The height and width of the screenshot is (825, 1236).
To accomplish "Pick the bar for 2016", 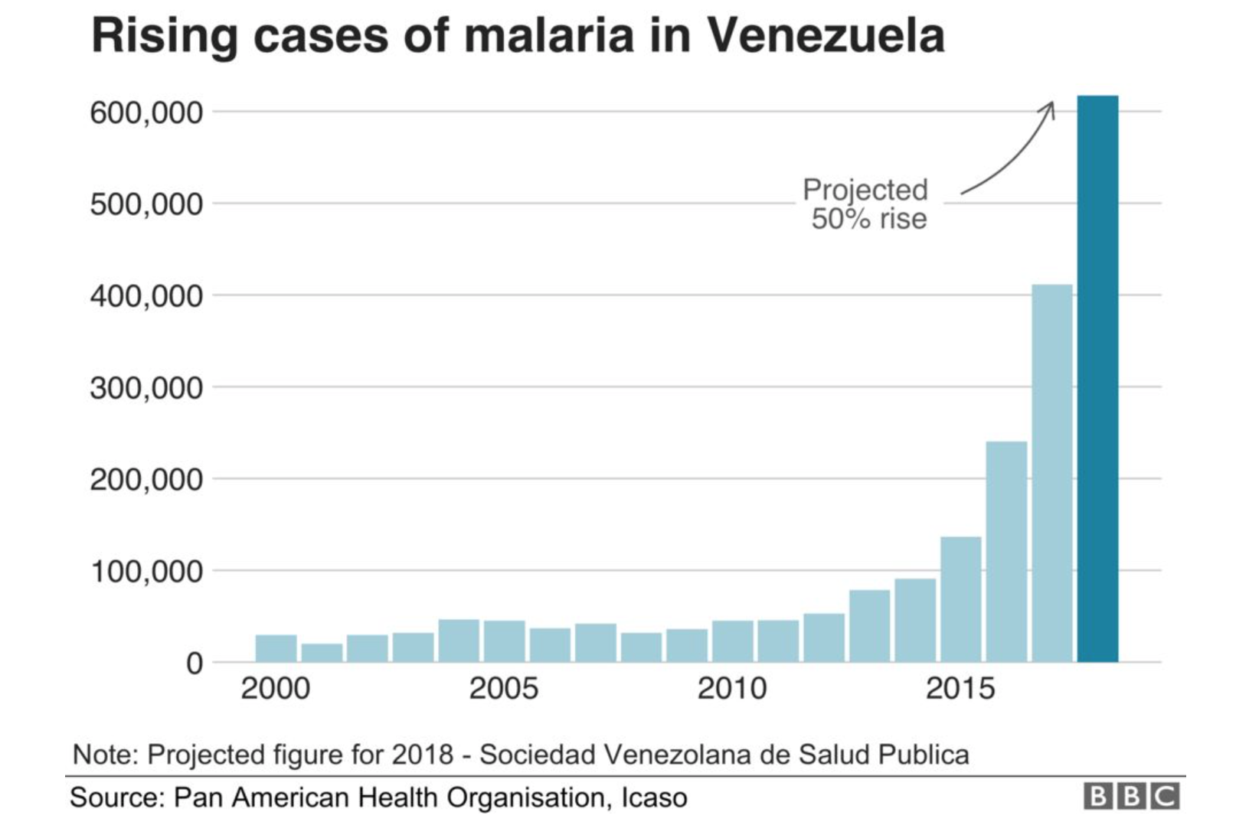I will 1006,551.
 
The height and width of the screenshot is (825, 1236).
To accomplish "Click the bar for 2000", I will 276,648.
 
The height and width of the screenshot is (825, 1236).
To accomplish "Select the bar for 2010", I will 732,641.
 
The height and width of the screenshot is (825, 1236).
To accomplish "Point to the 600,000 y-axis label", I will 146,113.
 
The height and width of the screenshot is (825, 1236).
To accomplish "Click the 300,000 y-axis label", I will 146,388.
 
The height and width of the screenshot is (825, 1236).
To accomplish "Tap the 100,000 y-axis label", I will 146,572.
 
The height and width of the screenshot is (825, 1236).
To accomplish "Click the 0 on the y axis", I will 195,663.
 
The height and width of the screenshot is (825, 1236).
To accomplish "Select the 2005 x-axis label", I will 503,689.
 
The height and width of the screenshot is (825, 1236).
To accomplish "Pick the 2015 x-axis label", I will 960,689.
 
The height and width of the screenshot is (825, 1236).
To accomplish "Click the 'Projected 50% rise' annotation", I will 866,204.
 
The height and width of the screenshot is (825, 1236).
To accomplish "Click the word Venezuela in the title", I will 824,35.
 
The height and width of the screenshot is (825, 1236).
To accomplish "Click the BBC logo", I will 1131,797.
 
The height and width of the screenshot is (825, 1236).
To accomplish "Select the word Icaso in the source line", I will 654,797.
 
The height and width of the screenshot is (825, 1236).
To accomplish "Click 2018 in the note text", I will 423,755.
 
